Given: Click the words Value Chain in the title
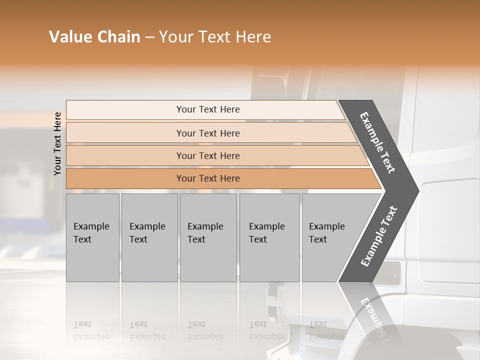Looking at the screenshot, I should [x=94, y=37].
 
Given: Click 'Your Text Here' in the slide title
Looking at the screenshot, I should [x=215, y=37].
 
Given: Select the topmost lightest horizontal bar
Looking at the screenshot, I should [x=125, y=110].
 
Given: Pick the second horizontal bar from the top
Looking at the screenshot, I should [x=125, y=133].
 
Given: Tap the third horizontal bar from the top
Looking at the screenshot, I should [x=125, y=155].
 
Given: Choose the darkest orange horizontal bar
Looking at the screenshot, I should [x=125, y=178].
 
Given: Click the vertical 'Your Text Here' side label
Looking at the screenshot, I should [x=57, y=143].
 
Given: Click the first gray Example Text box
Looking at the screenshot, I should [x=92, y=260].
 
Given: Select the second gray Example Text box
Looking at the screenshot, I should [x=149, y=260].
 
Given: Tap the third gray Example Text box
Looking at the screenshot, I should [x=208, y=260].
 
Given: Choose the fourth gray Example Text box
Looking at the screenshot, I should [x=269, y=260].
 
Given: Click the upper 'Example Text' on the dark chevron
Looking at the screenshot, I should [x=377, y=142].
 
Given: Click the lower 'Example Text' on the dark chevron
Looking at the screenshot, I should [x=378, y=236].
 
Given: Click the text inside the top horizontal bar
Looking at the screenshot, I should [x=208, y=109].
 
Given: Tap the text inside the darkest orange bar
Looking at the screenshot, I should [x=208, y=178].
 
